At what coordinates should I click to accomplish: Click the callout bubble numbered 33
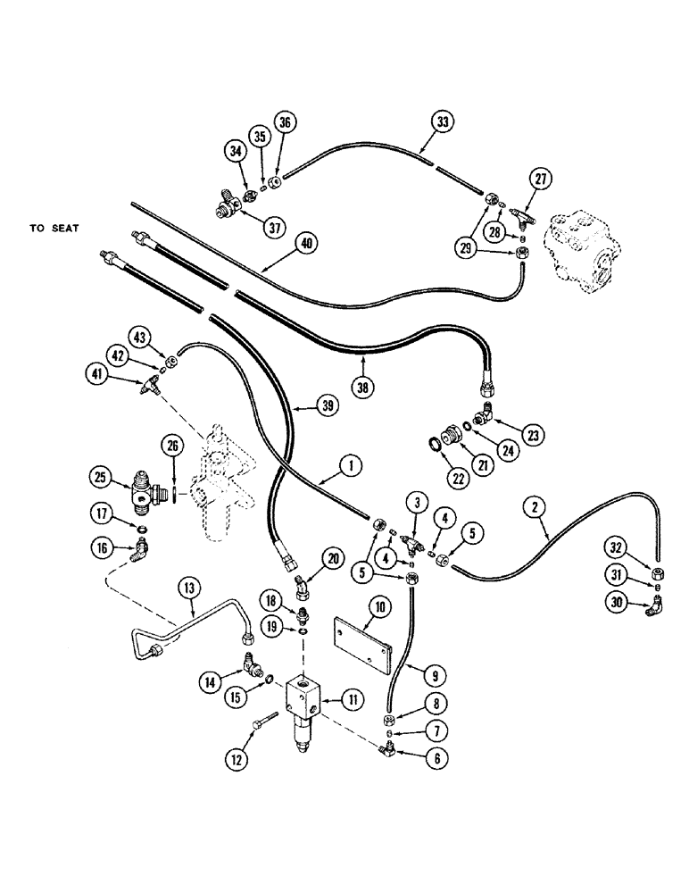click(x=442, y=120)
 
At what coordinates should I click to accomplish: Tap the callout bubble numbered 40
click(x=307, y=243)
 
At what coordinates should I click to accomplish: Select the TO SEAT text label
click(x=54, y=229)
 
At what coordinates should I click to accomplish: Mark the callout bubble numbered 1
click(x=352, y=464)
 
